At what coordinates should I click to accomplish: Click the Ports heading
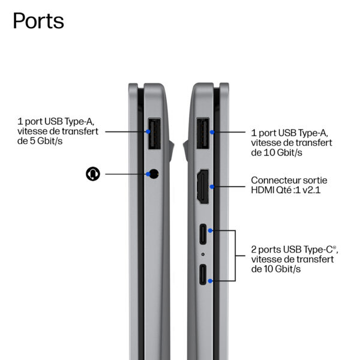tap(38, 21)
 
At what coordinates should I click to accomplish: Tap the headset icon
tap(93, 174)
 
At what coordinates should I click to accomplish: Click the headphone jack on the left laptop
tap(154, 174)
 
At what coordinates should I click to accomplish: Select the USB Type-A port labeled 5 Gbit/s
tap(154, 133)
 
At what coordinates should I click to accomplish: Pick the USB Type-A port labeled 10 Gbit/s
tap(203, 133)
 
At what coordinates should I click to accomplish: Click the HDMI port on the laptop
tap(203, 187)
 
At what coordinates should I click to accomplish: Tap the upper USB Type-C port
tap(203, 234)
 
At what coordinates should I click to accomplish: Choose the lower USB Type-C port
tap(203, 275)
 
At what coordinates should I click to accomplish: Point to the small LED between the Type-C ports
tap(203, 254)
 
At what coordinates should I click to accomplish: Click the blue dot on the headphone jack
tap(148, 174)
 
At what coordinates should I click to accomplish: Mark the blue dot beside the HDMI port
tap(212, 187)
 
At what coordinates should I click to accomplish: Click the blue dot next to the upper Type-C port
tap(210, 230)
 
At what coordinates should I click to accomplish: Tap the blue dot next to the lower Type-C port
tap(210, 281)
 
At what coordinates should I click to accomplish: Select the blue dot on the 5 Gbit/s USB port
tap(148, 131)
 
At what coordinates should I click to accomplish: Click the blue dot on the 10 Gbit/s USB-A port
tap(212, 132)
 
